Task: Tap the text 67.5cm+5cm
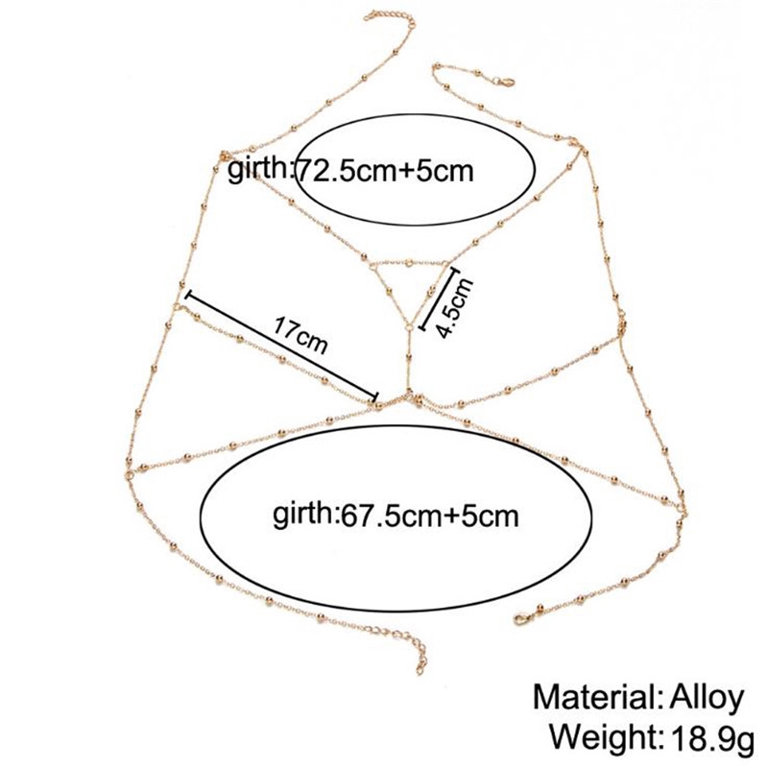coord(429,516)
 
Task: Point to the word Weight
coord(603,737)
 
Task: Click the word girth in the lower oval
coord(303,515)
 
